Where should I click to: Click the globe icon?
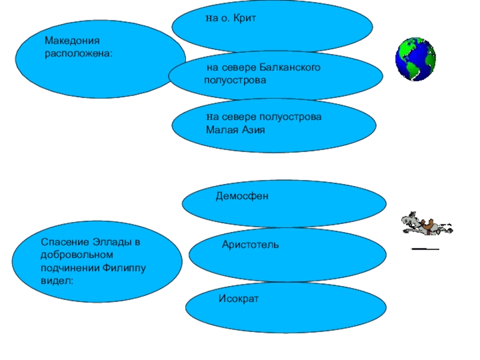coord(415,59)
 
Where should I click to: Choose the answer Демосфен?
coord(242,196)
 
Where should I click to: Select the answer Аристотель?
coord(250,245)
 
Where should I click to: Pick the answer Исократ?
coord(239,298)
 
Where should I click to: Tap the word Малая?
coord(220,129)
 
